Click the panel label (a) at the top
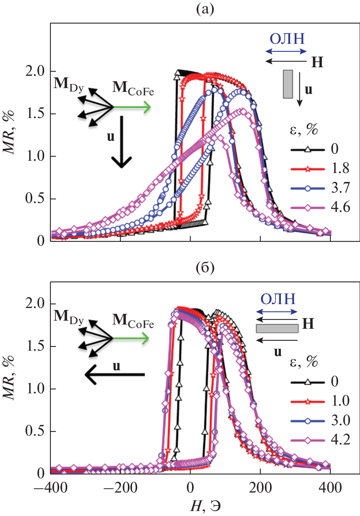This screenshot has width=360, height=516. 204,9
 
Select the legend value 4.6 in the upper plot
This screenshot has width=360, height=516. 340,207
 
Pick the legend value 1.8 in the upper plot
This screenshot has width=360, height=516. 340,168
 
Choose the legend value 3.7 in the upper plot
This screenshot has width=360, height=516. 340,188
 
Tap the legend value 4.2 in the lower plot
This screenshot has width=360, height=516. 340,439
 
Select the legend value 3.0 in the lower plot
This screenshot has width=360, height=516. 340,420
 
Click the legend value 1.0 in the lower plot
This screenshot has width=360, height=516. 340,401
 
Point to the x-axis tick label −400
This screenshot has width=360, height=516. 50,488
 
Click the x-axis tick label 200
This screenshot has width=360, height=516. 260,488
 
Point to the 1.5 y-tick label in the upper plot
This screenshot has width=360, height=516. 35,114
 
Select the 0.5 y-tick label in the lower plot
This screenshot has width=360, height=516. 35,431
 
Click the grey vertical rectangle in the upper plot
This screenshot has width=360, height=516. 288,84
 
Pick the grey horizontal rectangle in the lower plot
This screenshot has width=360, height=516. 277,328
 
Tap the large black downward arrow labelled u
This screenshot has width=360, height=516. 122,142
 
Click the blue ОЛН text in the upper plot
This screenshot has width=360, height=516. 287,39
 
